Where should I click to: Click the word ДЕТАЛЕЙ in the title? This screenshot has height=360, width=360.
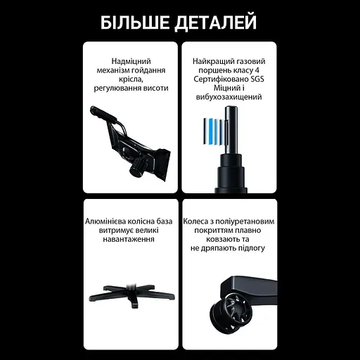216,22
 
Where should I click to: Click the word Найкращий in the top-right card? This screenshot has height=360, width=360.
212,61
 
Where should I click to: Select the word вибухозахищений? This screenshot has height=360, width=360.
229,98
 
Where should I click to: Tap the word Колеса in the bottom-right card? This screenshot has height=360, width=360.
198,221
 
